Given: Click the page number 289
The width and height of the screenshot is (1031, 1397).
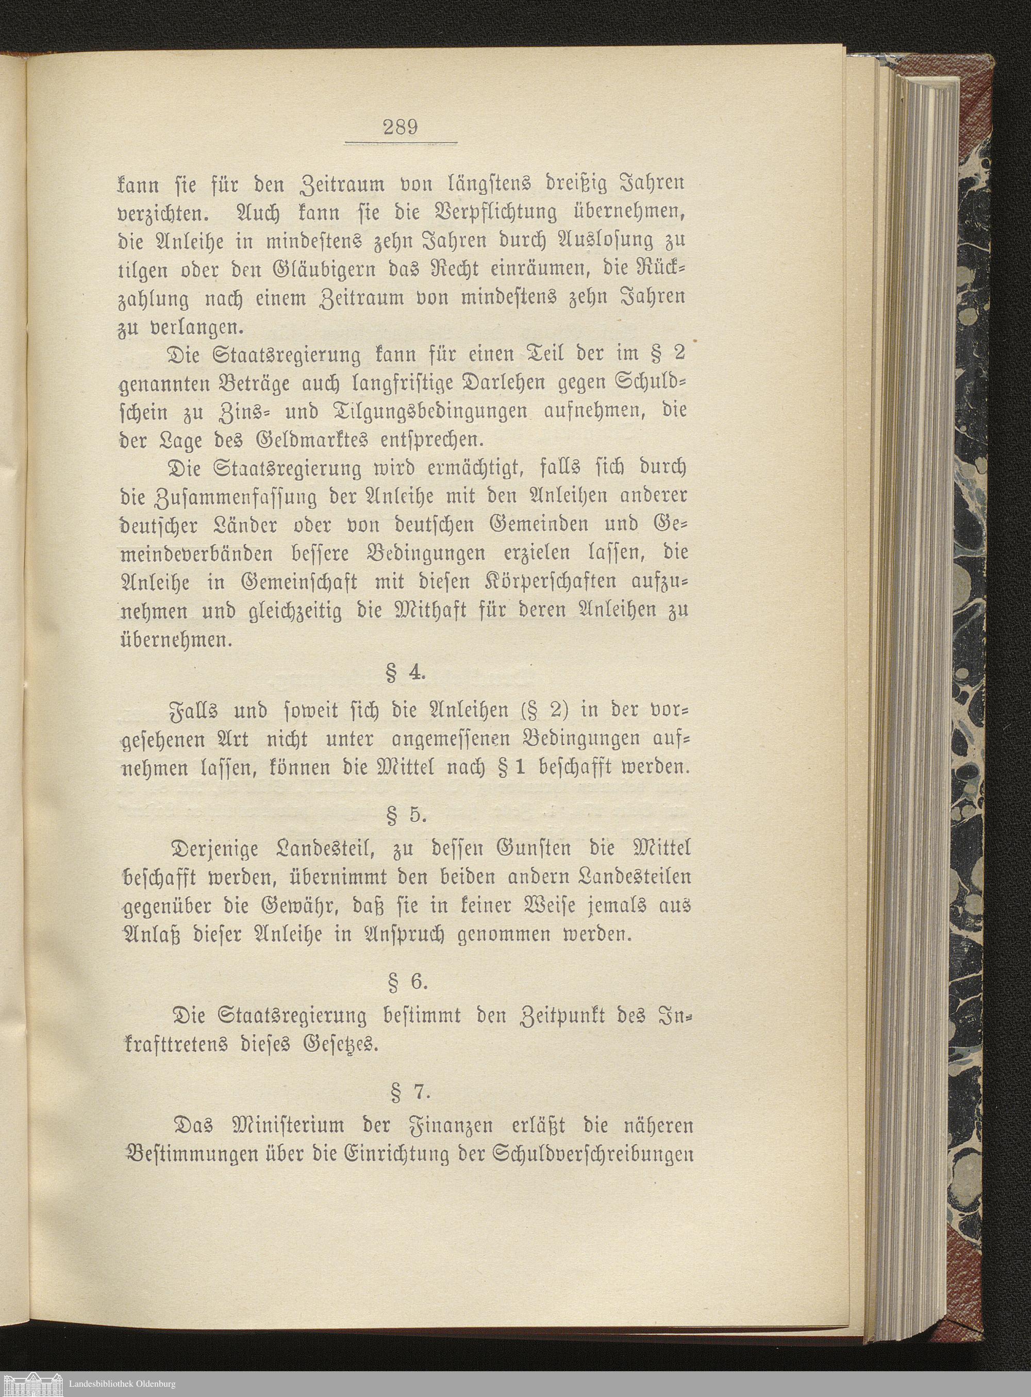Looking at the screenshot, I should (x=401, y=128).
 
